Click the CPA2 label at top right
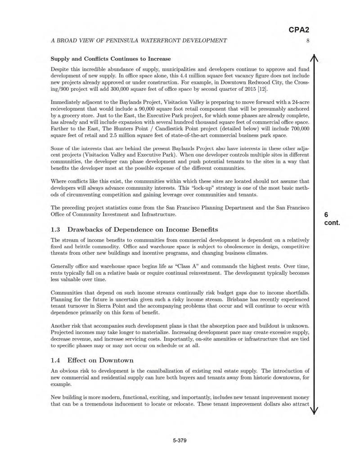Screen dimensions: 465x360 point(299,30)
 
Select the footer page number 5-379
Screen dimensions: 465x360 point(180,440)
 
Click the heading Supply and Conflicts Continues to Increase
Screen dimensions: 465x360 point(111,58)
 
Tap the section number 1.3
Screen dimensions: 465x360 point(56,230)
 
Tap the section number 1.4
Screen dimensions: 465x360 point(56,360)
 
